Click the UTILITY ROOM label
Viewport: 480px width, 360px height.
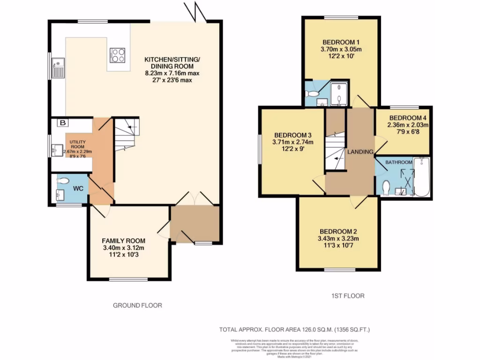[x=78, y=143]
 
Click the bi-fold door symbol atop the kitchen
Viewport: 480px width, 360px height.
[x=196, y=12]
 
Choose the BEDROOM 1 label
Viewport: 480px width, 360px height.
[x=341, y=41]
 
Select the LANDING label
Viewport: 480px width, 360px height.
[x=360, y=151]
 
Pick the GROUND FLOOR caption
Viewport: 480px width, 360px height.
[x=137, y=305]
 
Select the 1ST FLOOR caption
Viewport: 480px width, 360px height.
[x=347, y=296]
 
